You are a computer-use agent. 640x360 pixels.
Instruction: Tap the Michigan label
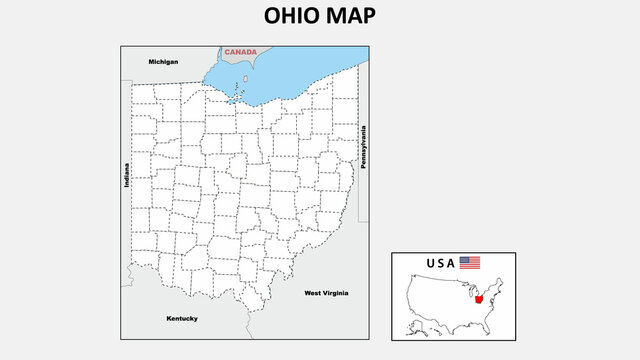[x=163, y=62]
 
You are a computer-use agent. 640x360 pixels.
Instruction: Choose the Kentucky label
[x=182, y=318]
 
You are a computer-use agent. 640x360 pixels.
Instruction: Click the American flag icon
[x=470, y=263]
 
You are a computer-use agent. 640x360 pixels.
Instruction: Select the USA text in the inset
[x=440, y=263]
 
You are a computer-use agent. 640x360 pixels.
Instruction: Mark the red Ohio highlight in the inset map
[x=481, y=298]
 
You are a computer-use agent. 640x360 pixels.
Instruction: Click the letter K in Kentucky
[x=169, y=318]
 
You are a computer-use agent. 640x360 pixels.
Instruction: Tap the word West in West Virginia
[x=312, y=293]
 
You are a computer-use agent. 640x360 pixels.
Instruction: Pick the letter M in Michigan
[x=151, y=62]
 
